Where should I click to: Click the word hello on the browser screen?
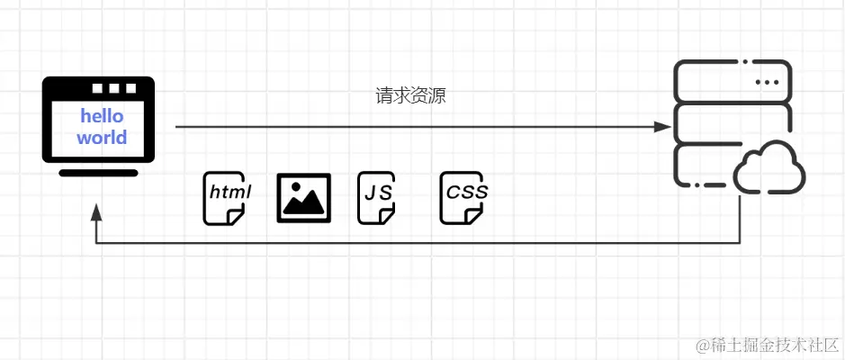[x=102, y=116]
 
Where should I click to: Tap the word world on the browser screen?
[x=102, y=138]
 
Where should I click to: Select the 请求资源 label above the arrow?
[x=410, y=96]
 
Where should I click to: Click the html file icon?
[x=224, y=197]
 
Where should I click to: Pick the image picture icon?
[x=303, y=196]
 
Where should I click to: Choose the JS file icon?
[x=376, y=197]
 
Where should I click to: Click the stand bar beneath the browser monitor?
[x=97, y=172]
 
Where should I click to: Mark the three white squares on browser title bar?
[x=113, y=89]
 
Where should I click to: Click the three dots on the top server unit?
[x=767, y=82]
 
